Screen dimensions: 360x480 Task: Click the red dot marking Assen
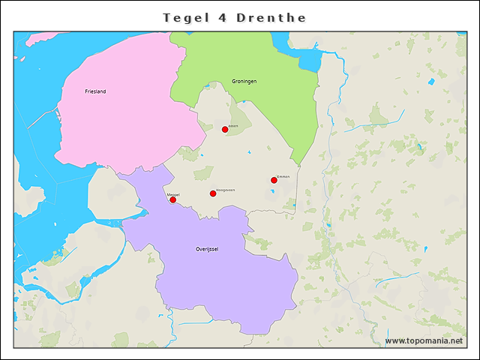click(x=225, y=130)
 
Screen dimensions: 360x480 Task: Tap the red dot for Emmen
click(x=274, y=180)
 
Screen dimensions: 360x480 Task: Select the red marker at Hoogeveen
click(x=213, y=193)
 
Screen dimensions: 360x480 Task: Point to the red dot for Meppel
click(x=172, y=199)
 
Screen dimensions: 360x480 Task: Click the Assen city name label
click(x=233, y=126)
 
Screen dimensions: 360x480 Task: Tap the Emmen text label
click(x=283, y=176)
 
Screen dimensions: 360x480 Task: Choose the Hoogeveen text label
click(x=225, y=190)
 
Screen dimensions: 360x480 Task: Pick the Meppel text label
click(x=173, y=194)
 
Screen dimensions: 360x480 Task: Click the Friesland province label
click(x=95, y=91)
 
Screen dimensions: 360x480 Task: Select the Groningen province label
click(x=244, y=81)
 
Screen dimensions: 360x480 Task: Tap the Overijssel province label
click(x=206, y=248)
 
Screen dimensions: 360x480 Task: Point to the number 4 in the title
click(x=223, y=17)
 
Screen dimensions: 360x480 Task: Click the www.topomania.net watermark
click(x=424, y=340)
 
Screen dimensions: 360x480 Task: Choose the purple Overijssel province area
click(x=225, y=285)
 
